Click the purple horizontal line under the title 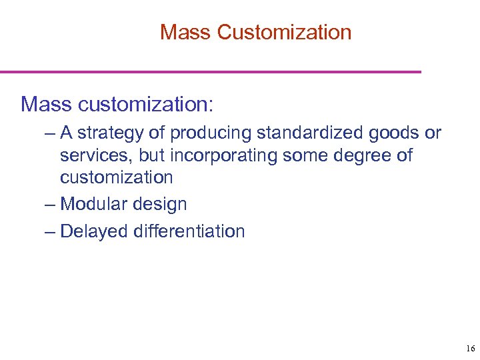(211, 71)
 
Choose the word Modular (93, 204)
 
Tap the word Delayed (94, 231)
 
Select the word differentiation (189, 231)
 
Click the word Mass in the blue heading (47, 104)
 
